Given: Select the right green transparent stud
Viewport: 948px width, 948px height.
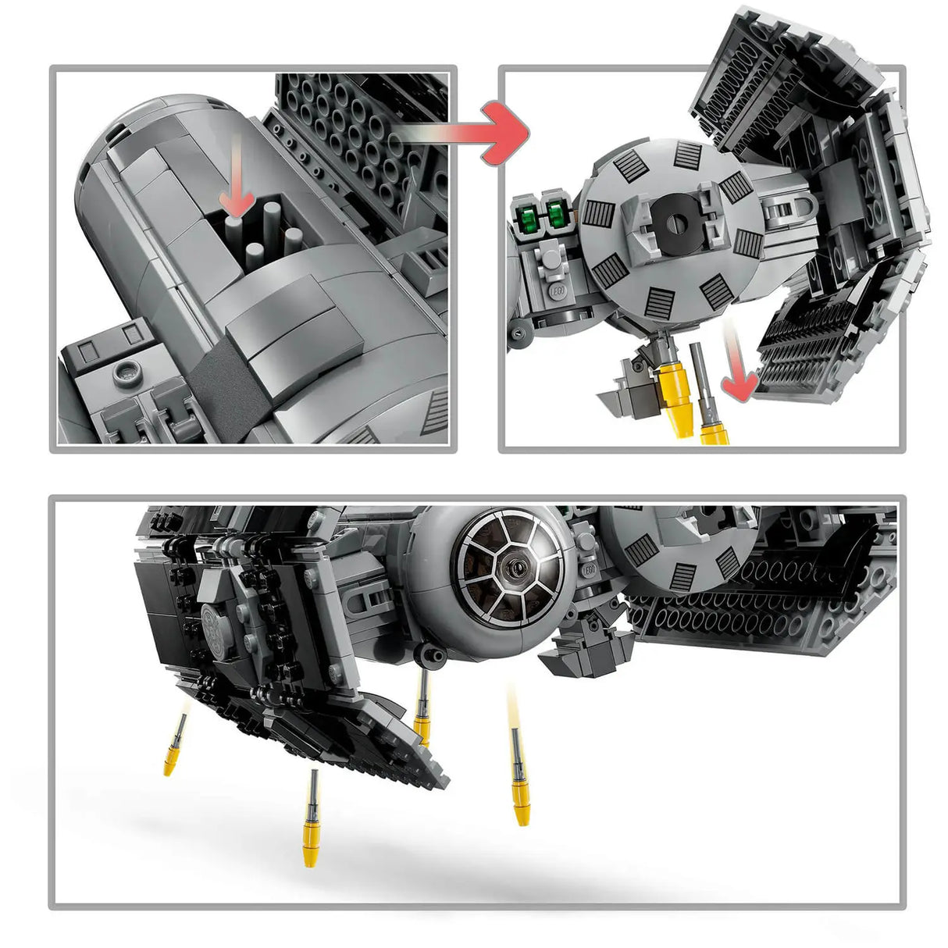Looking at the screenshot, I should [556, 213].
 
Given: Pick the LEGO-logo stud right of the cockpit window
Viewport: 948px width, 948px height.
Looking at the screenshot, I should [587, 570].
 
